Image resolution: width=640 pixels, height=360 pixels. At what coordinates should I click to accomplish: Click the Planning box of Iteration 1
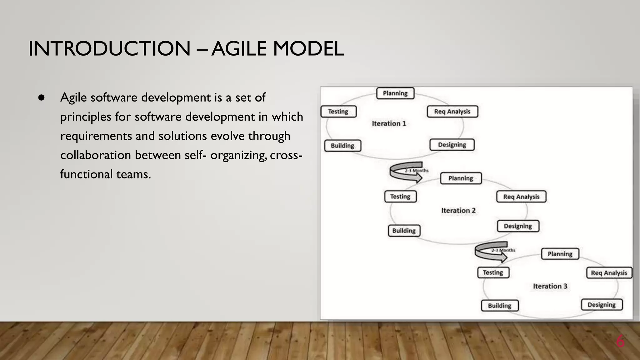(x=395, y=93)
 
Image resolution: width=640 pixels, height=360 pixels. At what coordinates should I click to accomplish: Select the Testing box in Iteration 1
(x=338, y=112)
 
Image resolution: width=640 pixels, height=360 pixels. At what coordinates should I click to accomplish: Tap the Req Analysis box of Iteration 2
(x=521, y=197)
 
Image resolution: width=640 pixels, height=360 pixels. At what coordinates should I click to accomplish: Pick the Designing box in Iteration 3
(x=602, y=305)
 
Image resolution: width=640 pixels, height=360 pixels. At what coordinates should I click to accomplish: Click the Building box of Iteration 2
(x=404, y=231)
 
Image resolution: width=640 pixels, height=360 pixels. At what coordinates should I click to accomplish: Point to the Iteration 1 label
(x=389, y=124)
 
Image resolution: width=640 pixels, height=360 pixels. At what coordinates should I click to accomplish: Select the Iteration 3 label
(x=550, y=286)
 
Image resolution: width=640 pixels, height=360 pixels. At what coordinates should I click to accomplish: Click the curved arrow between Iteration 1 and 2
(x=406, y=172)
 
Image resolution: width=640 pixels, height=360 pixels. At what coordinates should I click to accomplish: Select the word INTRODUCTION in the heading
(x=109, y=49)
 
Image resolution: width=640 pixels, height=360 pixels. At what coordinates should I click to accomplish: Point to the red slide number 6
(x=620, y=341)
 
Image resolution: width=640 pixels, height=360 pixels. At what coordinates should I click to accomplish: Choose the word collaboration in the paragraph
(x=95, y=155)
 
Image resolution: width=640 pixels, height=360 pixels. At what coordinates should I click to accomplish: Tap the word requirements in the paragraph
(x=96, y=136)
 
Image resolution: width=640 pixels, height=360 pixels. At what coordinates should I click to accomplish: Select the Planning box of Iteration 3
(x=560, y=254)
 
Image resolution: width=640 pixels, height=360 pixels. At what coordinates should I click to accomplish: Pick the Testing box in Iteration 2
(x=400, y=197)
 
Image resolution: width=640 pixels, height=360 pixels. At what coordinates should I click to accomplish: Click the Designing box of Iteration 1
(x=452, y=145)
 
